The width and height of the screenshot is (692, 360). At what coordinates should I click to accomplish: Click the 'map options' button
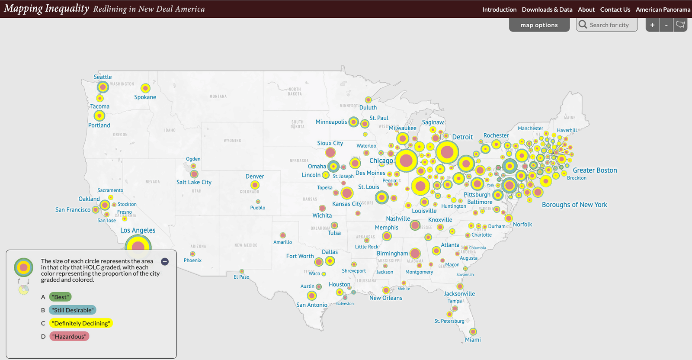click(x=539, y=25)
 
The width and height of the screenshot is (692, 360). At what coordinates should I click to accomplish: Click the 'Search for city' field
click(x=609, y=25)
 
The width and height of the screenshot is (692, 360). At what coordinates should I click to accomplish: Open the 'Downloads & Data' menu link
click(x=547, y=10)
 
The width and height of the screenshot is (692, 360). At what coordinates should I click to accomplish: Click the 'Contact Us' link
click(x=615, y=10)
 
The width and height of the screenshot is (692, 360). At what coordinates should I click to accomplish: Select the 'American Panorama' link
click(x=663, y=10)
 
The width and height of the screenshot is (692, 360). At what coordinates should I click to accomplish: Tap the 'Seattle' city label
click(x=103, y=77)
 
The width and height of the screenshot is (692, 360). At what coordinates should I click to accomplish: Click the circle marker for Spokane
click(x=145, y=88)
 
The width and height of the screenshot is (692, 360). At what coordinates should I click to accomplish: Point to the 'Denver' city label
click(x=254, y=177)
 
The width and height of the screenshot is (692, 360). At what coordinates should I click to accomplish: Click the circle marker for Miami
click(x=473, y=331)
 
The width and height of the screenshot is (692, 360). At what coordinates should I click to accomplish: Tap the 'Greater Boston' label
click(x=595, y=170)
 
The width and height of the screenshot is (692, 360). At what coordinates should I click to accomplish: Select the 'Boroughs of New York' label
click(x=574, y=205)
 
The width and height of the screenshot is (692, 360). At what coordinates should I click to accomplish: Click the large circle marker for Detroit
click(x=447, y=152)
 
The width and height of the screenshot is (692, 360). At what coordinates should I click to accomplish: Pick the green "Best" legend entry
click(x=60, y=297)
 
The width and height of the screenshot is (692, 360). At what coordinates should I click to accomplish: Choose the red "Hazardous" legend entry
click(x=69, y=337)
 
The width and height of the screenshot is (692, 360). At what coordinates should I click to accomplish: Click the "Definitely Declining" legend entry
click(x=81, y=323)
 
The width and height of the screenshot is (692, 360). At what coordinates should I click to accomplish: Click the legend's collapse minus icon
click(x=165, y=261)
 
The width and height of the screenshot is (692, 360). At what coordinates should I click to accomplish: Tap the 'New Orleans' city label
click(x=385, y=298)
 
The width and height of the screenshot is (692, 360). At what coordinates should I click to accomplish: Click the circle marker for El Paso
click(x=242, y=271)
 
